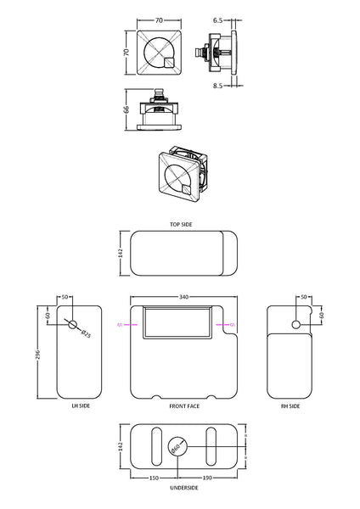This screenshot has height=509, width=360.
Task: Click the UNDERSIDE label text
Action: click(x=184, y=488)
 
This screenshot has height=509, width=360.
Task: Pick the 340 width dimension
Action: click(x=184, y=298)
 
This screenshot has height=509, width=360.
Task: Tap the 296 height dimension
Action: click(x=38, y=353)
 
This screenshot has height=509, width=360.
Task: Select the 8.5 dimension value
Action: click(x=218, y=85)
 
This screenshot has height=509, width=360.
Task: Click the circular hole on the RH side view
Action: click(x=295, y=325)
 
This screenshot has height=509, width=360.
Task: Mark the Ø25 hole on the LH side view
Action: click(x=73, y=326)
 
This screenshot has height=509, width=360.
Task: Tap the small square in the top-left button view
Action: click(x=169, y=59)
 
